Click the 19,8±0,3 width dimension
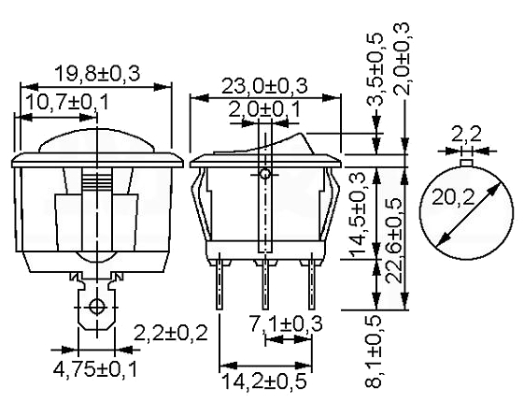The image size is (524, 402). click(x=97, y=74)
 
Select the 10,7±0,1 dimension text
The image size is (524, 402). click(x=67, y=102)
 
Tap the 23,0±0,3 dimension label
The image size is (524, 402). click(x=264, y=86)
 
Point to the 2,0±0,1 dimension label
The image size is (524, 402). click(x=264, y=109)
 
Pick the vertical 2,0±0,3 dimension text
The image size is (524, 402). click(x=401, y=59)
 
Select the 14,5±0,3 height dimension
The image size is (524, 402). click(x=356, y=215)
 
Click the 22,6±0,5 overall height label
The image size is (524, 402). click(x=394, y=240)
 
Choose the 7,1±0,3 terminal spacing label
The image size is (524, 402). click(x=287, y=323)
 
